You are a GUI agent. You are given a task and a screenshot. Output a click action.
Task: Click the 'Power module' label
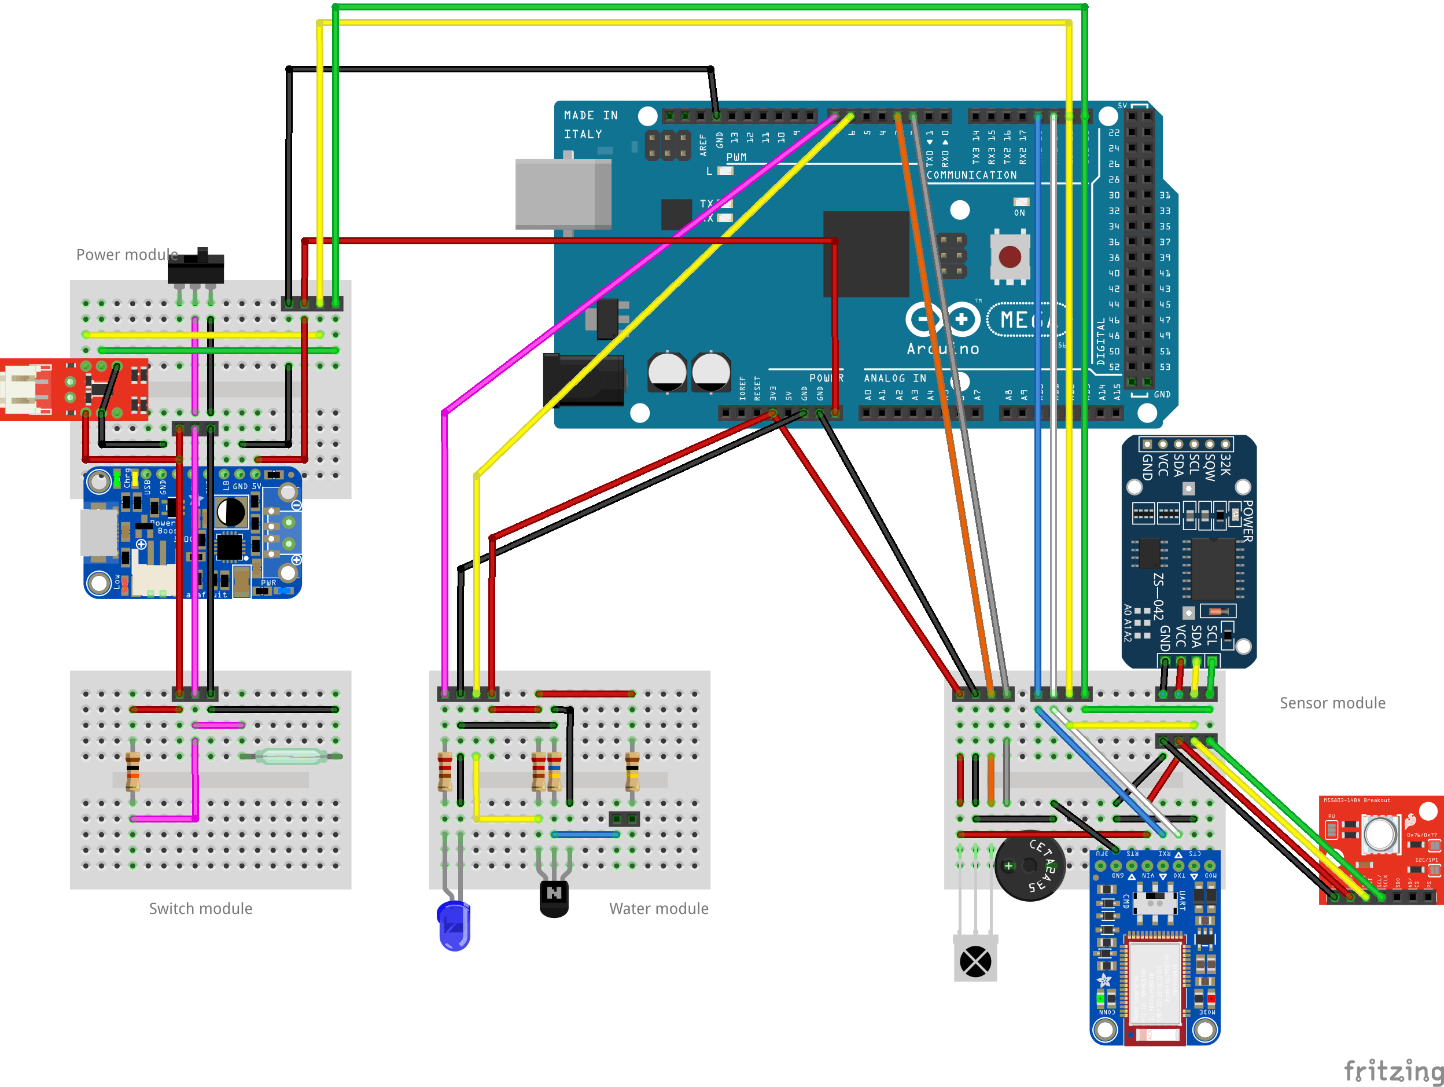coord(127,255)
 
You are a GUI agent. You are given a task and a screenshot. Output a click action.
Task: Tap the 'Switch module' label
coord(200,909)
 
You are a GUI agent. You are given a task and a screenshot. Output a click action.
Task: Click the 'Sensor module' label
coord(1332,703)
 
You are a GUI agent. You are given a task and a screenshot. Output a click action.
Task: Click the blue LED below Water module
coord(454,926)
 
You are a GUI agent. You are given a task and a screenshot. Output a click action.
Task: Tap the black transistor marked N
coord(554,898)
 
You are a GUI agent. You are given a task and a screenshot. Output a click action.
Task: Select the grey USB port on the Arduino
coord(563,194)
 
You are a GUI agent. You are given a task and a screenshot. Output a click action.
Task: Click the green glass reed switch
coord(290,757)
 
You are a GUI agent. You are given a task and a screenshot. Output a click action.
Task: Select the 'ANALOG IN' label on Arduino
coord(894,378)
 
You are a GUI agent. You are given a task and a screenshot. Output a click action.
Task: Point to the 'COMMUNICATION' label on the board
coord(971,175)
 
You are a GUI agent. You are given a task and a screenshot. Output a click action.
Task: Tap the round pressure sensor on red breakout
coord(1380,834)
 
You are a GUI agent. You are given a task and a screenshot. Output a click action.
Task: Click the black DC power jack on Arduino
coord(583,380)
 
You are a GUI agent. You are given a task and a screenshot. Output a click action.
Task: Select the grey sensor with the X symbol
coord(975,961)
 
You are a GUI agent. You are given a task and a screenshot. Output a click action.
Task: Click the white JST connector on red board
coord(24,389)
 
